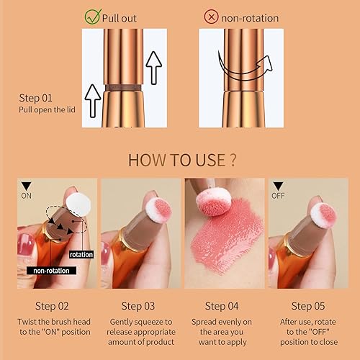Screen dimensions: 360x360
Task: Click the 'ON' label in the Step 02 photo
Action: coord(27,194)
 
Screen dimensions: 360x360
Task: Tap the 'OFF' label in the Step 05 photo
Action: coord(279,194)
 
